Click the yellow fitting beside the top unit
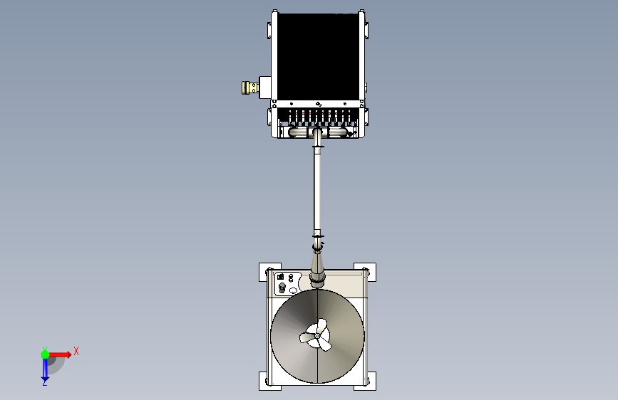[x=250, y=88]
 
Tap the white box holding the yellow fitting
[x=264, y=88]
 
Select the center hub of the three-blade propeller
[x=317, y=336]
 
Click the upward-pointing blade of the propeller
[x=321, y=327]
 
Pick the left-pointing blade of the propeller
[x=307, y=337]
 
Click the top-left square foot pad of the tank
[x=270, y=272]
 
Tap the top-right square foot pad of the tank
[x=365, y=272]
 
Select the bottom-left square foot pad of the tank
[x=270, y=381]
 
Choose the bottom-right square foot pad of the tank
[x=365, y=381]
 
